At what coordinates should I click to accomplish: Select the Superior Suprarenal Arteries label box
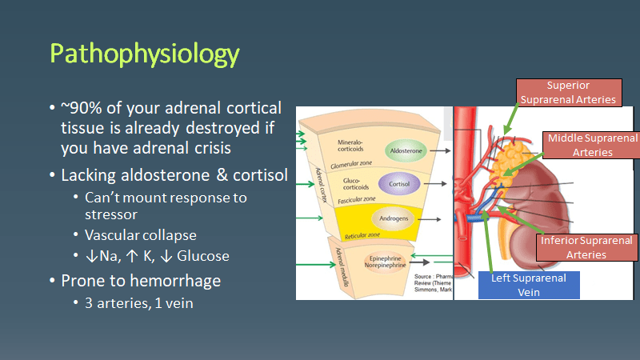pos(569,92)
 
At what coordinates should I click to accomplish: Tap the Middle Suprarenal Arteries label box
pos(592,145)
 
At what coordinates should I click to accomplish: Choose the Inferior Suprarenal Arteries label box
pos(587,247)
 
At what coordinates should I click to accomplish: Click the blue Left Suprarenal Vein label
pos(529,285)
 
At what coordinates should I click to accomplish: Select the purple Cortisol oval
pos(399,182)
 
